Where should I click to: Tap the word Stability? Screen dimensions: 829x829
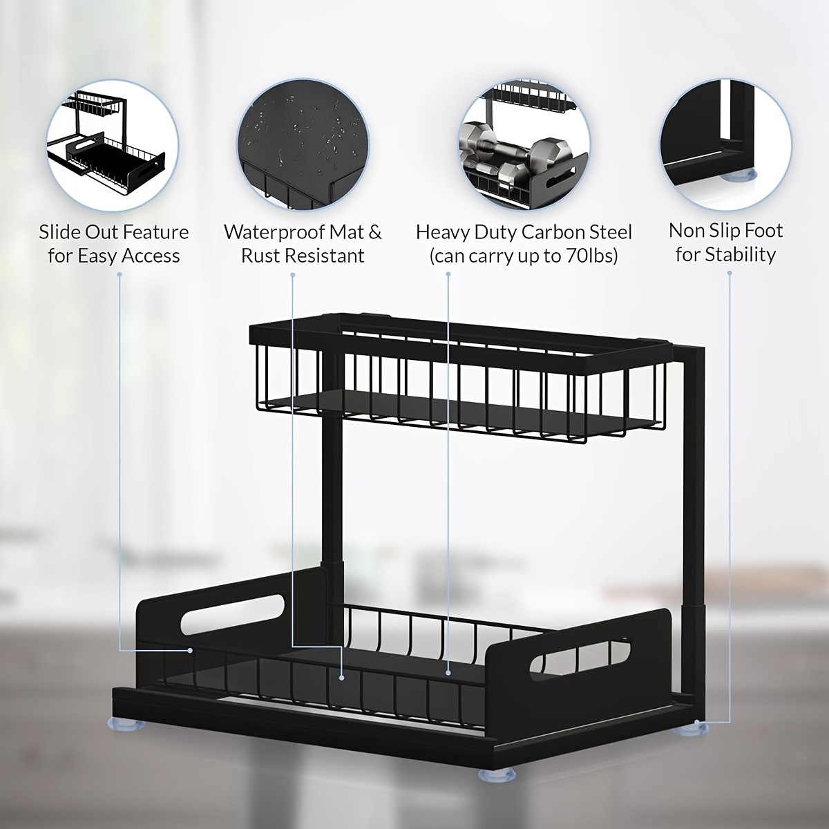point(741,254)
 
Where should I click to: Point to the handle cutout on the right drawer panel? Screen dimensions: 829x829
point(580,655)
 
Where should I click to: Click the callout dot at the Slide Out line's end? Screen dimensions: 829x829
point(191,650)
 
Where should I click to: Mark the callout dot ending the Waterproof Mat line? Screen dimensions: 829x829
point(342,678)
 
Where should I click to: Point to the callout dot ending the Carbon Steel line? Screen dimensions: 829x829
point(448,670)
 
